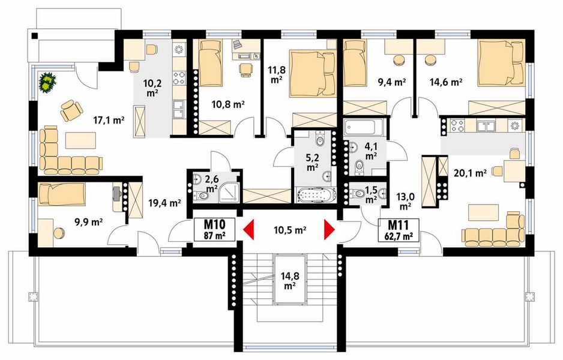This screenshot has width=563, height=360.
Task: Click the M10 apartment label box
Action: point(214,229)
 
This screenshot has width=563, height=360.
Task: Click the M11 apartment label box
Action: point(398,230)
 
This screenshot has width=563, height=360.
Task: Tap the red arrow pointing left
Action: point(248,229)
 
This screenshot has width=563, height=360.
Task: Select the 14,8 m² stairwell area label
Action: point(289,281)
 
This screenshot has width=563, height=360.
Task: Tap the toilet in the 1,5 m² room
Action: point(357,194)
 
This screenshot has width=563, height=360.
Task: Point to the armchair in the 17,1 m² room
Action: point(71,110)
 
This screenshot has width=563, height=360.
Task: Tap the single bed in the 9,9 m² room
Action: point(62,194)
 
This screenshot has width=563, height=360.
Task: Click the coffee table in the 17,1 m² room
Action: point(81,140)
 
